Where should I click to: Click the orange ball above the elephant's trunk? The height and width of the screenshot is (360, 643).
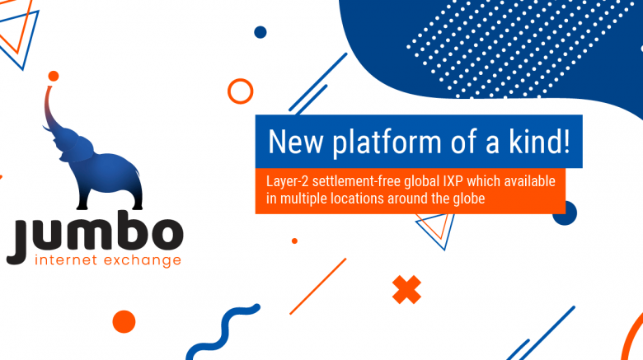tap(54, 76)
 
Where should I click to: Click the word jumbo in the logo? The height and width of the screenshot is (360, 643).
tap(95, 236)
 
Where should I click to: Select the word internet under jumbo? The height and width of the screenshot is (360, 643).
tap(66, 259)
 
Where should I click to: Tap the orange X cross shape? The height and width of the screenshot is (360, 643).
tap(406, 289)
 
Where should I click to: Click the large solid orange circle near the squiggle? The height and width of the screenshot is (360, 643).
tap(124, 321)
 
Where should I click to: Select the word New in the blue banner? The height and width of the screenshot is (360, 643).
tap(295, 142)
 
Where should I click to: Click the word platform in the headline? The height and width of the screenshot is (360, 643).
tap(387, 143)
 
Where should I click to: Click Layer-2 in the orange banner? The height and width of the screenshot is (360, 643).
tap(287, 181)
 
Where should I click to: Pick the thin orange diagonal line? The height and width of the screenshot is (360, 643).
tap(318, 286)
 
